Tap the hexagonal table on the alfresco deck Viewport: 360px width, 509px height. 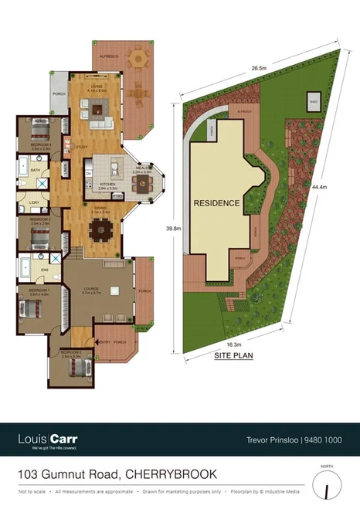click(x=138, y=59)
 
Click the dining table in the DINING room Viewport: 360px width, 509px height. click(x=100, y=229)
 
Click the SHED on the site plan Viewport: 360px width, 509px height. click(x=314, y=101)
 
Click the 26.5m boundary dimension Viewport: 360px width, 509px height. click(x=260, y=68)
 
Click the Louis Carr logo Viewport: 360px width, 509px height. click(x=48, y=439)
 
